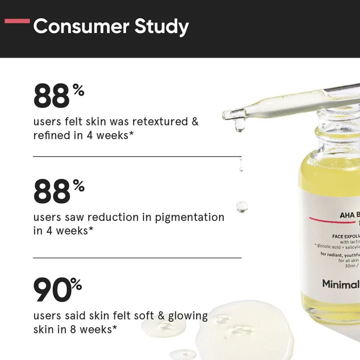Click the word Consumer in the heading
tap(81, 27)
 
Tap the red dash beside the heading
tap(17, 21)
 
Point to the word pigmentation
tap(189, 217)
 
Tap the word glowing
tap(188, 316)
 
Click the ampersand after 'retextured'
tap(195, 122)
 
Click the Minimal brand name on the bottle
tap(341, 284)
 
